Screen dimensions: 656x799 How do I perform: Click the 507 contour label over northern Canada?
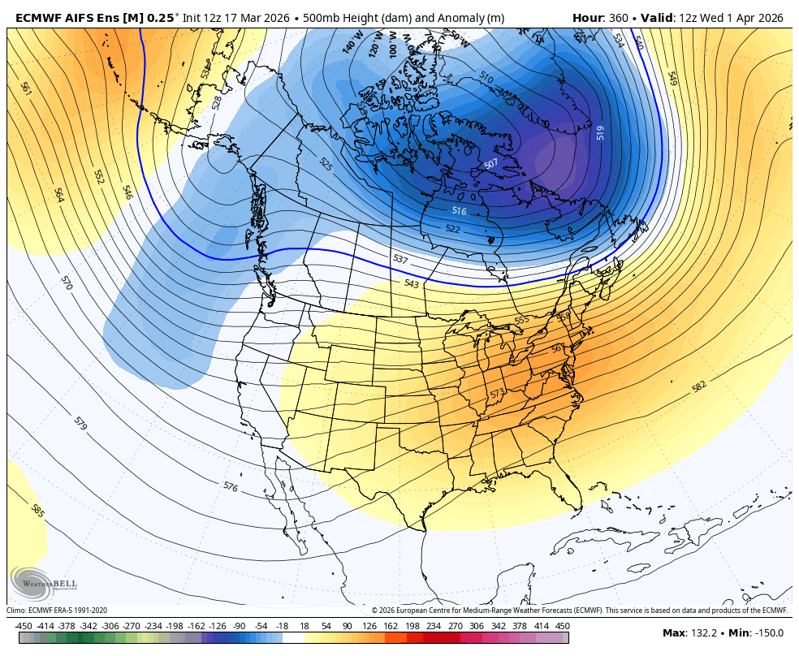[x=491, y=164]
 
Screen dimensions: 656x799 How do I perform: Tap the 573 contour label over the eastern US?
[x=498, y=394]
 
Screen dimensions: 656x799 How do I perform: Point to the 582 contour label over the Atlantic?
[x=699, y=386]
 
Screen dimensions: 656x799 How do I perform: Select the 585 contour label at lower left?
[x=37, y=511]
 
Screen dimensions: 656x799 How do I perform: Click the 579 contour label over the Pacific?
[x=80, y=423]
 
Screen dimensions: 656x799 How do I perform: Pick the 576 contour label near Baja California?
[x=231, y=486]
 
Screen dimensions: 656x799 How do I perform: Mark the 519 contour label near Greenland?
[x=600, y=132]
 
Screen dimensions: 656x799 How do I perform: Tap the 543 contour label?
[x=412, y=283]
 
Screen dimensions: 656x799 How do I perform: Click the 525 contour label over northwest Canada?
[x=326, y=165]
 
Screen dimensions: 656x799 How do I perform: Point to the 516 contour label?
[x=460, y=211]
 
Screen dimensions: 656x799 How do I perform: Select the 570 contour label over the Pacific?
[x=67, y=283]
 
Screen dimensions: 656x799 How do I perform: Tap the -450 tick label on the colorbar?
[x=24, y=626]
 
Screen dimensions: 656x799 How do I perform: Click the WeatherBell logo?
[x=32, y=582]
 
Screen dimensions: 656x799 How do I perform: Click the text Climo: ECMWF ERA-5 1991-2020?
[x=57, y=611]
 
